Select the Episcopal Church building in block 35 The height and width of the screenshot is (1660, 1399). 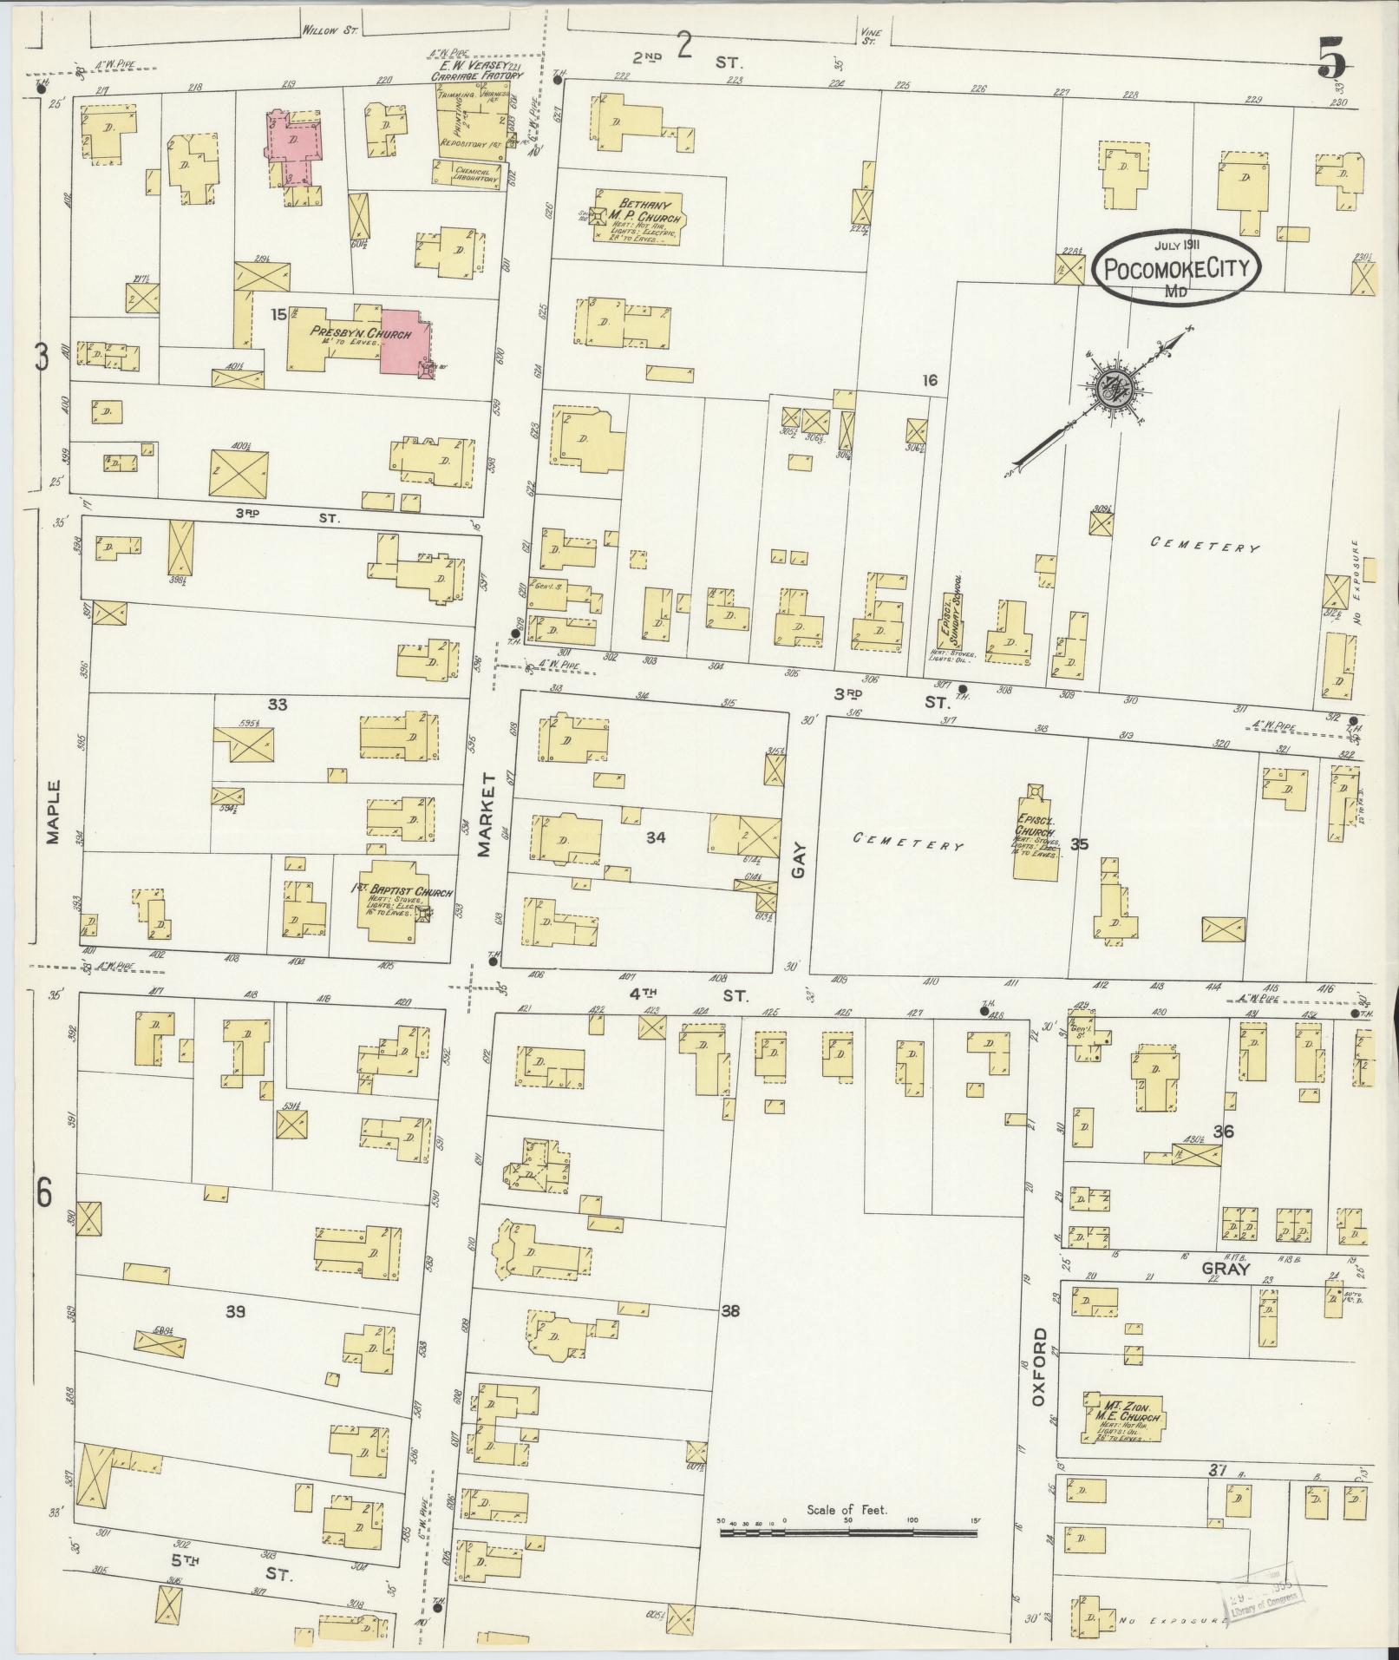[x=1037, y=834]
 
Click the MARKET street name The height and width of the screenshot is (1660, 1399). [x=485, y=816]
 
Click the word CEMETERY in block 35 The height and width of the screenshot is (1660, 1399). [x=909, y=841]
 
